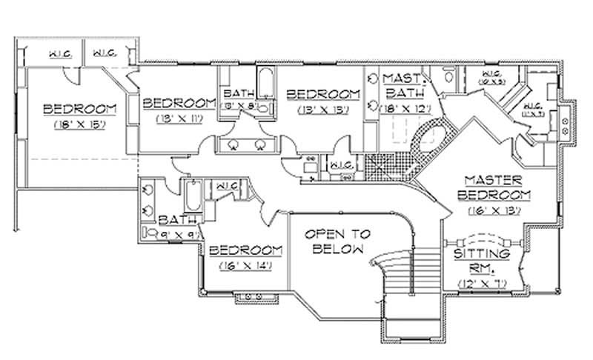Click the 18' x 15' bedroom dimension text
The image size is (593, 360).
[79, 125]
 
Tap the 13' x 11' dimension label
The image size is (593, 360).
[179, 117]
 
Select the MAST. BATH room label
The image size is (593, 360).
[401, 86]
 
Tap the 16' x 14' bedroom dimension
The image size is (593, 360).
[245, 264]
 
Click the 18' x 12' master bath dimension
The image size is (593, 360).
[400, 109]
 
